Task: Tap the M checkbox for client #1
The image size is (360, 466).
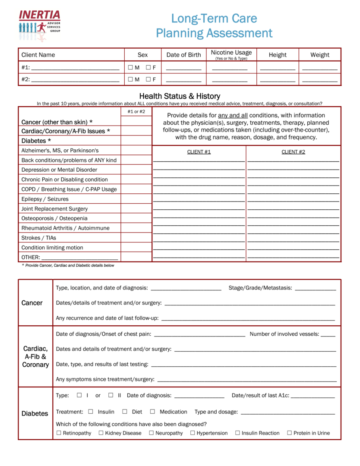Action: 130,67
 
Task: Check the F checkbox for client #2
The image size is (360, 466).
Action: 148,79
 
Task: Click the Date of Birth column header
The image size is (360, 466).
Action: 183,55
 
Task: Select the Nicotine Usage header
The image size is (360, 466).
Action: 231,54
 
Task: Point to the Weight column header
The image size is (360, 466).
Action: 319,55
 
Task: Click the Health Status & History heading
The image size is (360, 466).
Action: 180,96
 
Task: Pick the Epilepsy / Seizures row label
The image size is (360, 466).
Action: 45,199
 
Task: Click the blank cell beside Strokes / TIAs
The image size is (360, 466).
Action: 136,238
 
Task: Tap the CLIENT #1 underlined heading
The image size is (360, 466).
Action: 199,152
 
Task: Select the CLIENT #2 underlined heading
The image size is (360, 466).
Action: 293,152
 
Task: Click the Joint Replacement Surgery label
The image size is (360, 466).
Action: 54,209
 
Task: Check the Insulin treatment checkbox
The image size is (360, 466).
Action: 91,412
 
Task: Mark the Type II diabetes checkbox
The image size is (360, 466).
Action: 111,395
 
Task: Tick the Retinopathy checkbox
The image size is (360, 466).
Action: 59,433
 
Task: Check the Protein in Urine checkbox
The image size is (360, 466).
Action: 289,433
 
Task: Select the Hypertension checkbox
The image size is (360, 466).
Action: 193,433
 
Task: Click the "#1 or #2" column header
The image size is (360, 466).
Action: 136,112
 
